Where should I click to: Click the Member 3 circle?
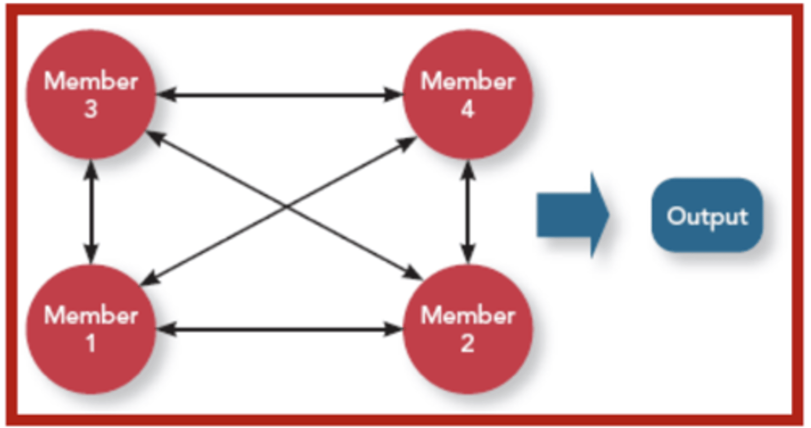91,95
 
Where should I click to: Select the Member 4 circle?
467,95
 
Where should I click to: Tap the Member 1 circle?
91,329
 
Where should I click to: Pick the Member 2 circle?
467,329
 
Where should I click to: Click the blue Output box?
707,215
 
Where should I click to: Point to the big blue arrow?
572,215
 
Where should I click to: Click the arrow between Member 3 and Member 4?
279,95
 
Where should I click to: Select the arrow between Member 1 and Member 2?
279,329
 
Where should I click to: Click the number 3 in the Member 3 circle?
91,109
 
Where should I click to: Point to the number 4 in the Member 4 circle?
467,109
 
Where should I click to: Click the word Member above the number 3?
91,82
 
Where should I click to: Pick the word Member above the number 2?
467,316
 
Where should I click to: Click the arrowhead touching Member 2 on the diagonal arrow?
414,274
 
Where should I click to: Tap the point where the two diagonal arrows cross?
286,206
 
